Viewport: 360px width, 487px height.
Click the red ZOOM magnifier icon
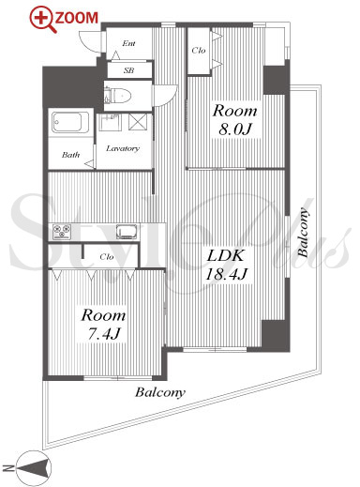[x=42, y=20]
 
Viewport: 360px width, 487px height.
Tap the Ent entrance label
[x=128, y=43]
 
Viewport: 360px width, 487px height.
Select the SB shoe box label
[x=129, y=70]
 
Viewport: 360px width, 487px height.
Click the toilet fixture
[x=118, y=96]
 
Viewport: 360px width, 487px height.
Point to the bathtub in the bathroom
[x=70, y=122]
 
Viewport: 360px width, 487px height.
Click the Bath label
[x=70, y=155]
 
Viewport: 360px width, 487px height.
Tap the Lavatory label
[x=123, y=148]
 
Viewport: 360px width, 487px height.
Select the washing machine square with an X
[x=138, y=122]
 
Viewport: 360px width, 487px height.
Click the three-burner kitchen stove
[x=62, y=232]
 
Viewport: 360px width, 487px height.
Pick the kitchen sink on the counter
[x=127, y=232]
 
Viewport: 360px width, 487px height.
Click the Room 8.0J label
[x=234, y=120]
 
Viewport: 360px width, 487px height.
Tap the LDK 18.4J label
[x=225, y=265]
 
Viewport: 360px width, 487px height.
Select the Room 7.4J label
[x=103, y=324]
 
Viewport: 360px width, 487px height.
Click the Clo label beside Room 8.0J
[x=199, y=50]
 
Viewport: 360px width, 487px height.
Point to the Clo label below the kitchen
[x=107, y=257]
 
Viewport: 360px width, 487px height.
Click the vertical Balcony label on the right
[x=303, y=233]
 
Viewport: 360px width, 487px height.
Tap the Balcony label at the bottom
[x=160, y=392]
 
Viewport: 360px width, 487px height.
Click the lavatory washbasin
[x=110, y=123]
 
